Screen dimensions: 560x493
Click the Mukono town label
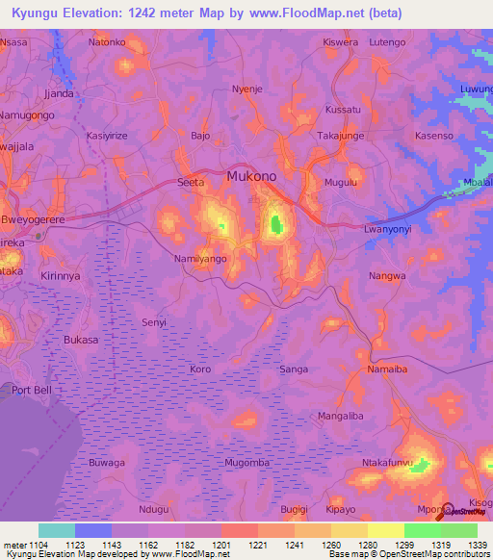[x=252, y=177]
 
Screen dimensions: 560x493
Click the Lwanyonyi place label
[x=393, y=230]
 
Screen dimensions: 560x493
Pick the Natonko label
[x=107, y=42]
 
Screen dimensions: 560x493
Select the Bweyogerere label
[x=33, y=219]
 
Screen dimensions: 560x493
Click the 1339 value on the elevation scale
[x=477, y=546]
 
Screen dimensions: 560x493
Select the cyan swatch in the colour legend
[x=57, y=530]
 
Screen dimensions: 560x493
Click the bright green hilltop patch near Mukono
[x=277, y=225]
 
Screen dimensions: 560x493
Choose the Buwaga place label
[x=107, y=463]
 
